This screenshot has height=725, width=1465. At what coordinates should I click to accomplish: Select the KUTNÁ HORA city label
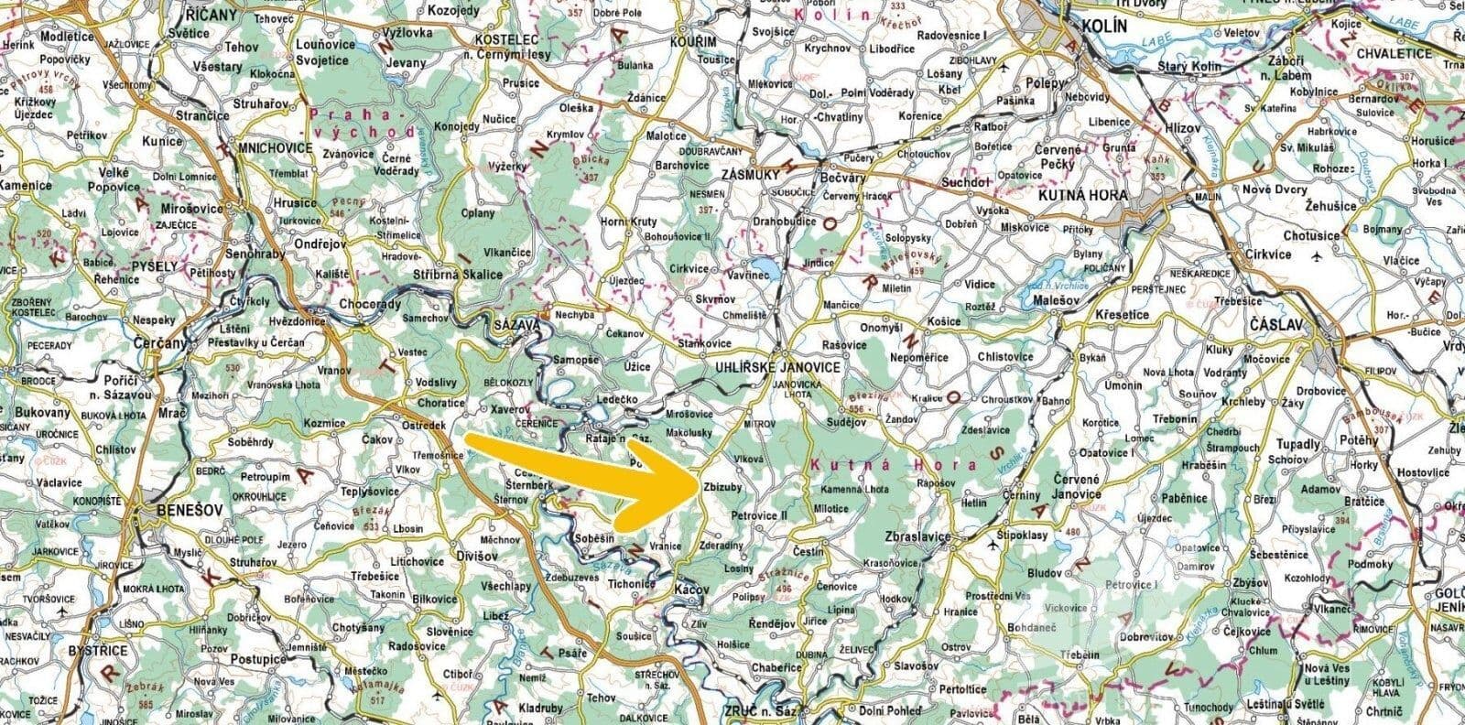[1082, 195]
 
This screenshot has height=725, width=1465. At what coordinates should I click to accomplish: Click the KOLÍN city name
[1102, 27]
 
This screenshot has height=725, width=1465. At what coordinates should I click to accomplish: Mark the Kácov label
[690, 590]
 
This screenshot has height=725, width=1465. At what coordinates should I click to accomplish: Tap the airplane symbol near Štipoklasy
[994, 546]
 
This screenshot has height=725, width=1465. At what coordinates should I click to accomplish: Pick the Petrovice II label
[760, 516]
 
